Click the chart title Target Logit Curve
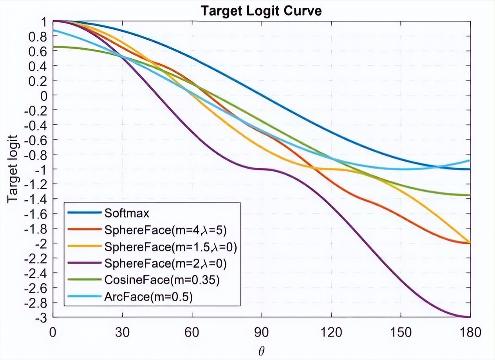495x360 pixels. click(x=261, y=11)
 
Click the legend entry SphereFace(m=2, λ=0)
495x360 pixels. click(x=165, y=263)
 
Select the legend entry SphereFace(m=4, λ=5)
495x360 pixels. click(x=165, y=230)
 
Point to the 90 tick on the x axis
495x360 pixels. click(x=262, y=333)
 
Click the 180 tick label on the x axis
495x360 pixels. click(x=470, y=333)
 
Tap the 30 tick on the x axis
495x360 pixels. click(x=123, y=333)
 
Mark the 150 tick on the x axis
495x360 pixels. click(x=401, y=333)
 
